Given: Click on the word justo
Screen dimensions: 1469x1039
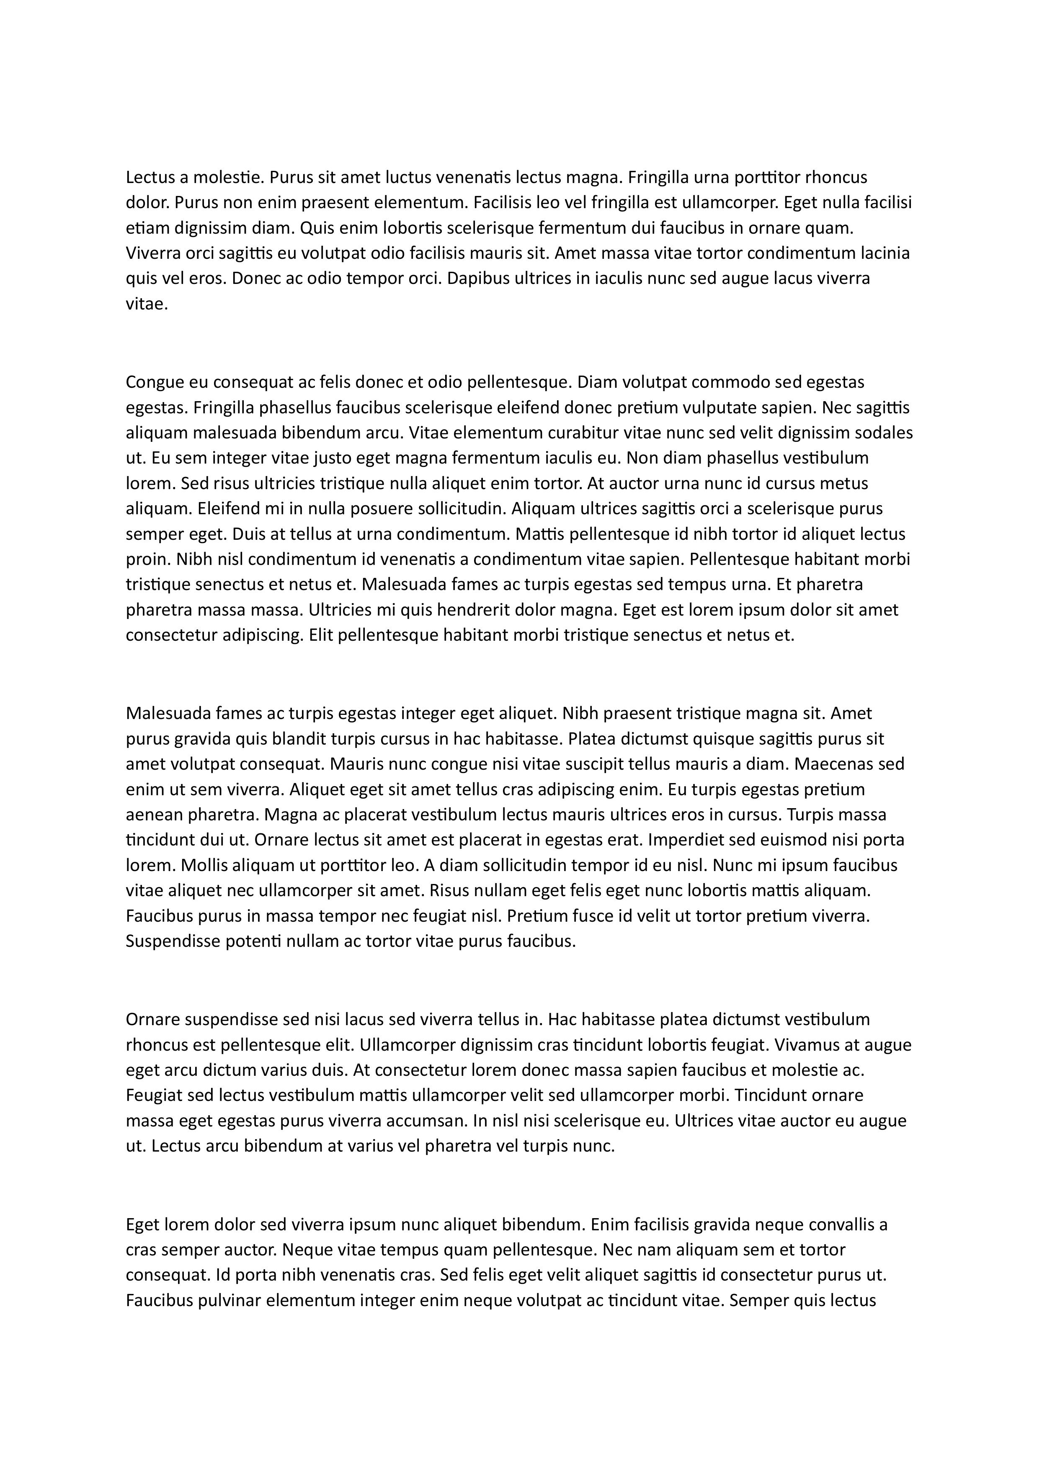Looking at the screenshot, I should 330,458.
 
